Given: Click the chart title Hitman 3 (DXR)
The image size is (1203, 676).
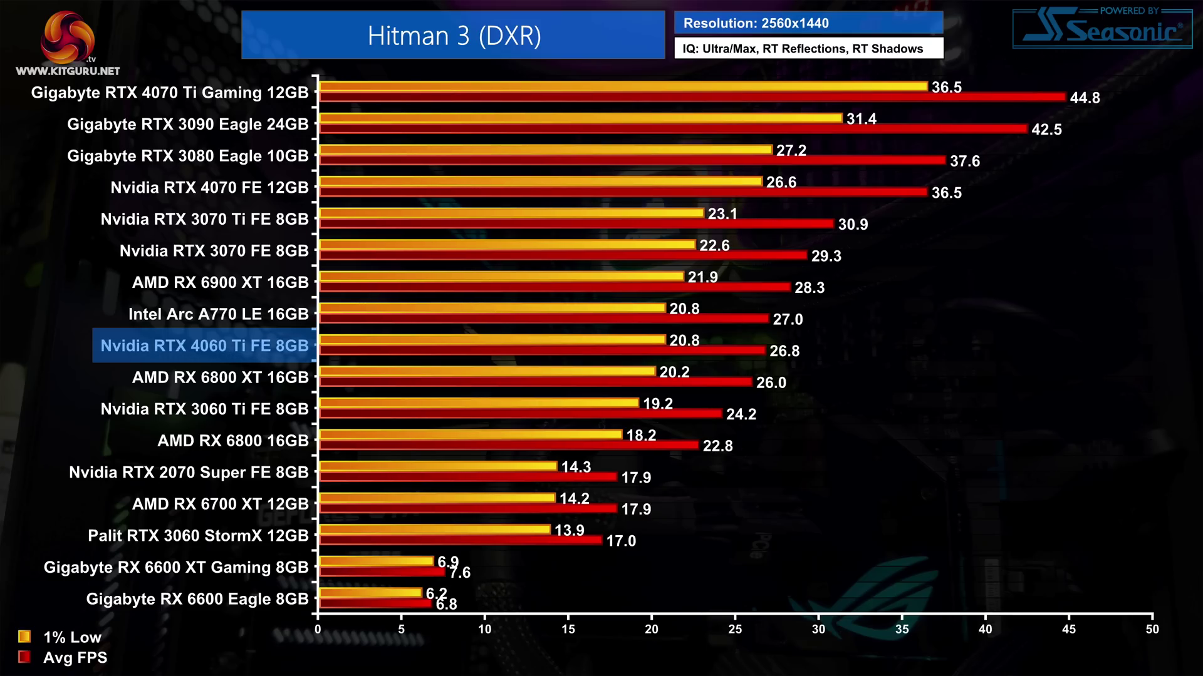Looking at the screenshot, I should click(454, 36).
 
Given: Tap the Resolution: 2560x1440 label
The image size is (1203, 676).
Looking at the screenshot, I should click(756, 23).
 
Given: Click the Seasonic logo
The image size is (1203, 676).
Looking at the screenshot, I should click(1103, 29).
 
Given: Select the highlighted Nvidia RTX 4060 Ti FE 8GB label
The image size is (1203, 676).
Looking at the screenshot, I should click(204, 346).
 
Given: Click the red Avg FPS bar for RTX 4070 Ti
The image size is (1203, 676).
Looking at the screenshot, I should click(692, 97).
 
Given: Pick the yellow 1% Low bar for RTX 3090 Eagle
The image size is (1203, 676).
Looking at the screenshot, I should click(580, 118).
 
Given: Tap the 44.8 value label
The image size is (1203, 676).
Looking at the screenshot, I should click(1085, 98).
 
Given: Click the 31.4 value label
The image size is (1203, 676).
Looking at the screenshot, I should click(861, 119).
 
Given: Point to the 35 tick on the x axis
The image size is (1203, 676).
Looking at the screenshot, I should click(902, 629).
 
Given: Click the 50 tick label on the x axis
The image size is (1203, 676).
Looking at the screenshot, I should click(1152, 629).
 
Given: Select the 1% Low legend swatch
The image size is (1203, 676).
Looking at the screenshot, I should click(24, 637).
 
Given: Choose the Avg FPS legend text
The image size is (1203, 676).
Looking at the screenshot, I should click(75, 657).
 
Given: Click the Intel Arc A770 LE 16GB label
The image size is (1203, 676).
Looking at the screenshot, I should click(218, 314).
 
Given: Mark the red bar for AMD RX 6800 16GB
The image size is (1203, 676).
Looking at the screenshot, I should click(508, 445).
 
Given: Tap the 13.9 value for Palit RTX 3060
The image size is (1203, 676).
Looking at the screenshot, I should click(569, 530).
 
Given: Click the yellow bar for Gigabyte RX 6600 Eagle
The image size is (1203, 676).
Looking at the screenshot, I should click(370, 592).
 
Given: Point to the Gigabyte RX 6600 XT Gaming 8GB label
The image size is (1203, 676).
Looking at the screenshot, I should click(176, 567).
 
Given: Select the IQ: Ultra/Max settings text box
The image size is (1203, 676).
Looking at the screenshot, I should click(808, 49).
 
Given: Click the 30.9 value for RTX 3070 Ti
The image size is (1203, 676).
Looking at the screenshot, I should click(853, 224).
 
